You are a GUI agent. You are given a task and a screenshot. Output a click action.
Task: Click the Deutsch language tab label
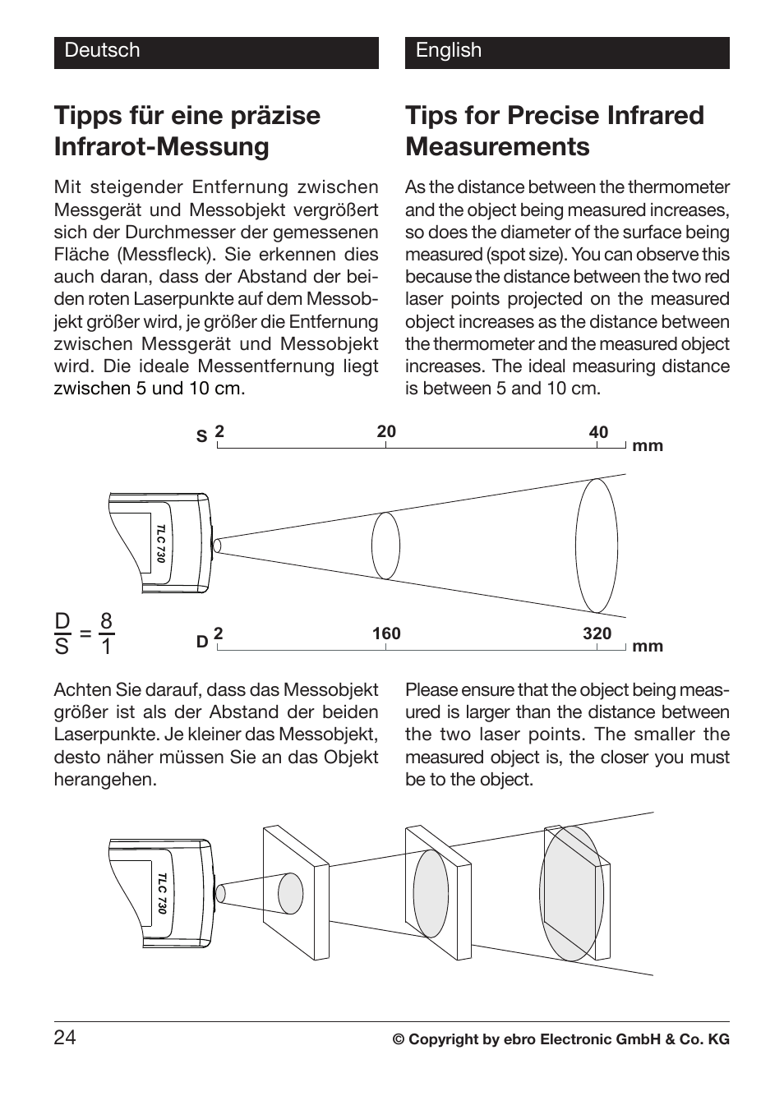click(103, 51)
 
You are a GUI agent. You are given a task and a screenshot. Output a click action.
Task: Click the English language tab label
click(448, 51)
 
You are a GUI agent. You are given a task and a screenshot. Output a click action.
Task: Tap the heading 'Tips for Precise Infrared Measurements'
click(555, 131)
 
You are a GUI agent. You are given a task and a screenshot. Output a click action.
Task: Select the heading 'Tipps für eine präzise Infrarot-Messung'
click(187, 131)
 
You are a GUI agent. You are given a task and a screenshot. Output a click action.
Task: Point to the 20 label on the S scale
click(386, 432)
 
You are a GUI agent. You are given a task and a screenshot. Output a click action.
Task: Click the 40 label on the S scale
click(598, 432)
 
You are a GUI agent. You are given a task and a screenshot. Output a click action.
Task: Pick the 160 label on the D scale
click(386, 633)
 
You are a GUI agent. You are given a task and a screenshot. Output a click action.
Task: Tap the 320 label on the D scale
click(597, 633)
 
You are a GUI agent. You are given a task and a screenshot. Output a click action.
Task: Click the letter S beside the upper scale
click(201, 437)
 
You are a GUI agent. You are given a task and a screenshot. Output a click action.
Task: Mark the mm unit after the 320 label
click(648, 647)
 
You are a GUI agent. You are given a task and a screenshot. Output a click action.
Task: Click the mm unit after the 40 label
click(648, 446)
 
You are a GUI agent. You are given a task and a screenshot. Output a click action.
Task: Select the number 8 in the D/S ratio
click(106, 621)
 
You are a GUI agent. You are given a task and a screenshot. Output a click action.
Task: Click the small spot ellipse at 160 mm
click(385, 546)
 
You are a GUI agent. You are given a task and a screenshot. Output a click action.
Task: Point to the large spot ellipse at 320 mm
click(597, 545)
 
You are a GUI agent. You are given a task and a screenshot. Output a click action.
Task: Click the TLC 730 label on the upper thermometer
click(161, 542)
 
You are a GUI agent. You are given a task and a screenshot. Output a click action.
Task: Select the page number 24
click(65, 1039)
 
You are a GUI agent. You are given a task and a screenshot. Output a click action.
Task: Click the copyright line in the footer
click(560, 1039)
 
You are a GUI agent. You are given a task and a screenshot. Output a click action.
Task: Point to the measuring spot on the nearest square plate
click(291, 892)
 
